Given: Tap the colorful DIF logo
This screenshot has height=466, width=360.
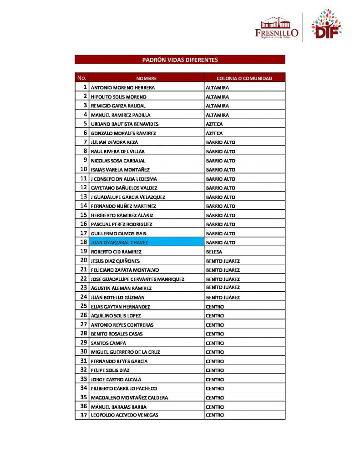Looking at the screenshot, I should click(x=326, y=25).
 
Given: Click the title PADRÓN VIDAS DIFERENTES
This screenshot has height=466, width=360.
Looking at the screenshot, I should click(x=180, y=60).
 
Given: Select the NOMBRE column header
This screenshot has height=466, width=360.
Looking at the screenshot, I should click(x=146, y=78).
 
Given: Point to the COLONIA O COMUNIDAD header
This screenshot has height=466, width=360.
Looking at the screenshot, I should click(x=244, y=78).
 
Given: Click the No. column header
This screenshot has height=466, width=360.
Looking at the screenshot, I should click(x=82, y=78).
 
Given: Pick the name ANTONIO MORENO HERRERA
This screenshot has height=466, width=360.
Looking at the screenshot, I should click(x=123, y=87).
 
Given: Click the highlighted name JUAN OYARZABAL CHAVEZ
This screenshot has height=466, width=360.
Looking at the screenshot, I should click(x=121, y=243).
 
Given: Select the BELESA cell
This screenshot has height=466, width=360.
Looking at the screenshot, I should click(x=214, y=252).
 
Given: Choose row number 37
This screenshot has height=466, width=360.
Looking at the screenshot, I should click(x=83, y=415).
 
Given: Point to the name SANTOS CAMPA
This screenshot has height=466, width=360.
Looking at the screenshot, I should click(x=108, y=343).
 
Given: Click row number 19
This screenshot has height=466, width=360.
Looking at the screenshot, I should click(x=83, y=251).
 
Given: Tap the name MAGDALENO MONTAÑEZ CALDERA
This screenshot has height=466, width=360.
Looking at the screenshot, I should click(x=129, y=397).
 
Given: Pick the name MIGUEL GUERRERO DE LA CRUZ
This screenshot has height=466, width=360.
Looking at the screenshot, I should click(x=125, y=352).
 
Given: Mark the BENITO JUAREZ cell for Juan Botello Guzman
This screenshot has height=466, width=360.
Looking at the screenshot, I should click(x=223, y=297).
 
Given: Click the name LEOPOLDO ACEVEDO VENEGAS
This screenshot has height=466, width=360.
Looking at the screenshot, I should click(x=125, y=415).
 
